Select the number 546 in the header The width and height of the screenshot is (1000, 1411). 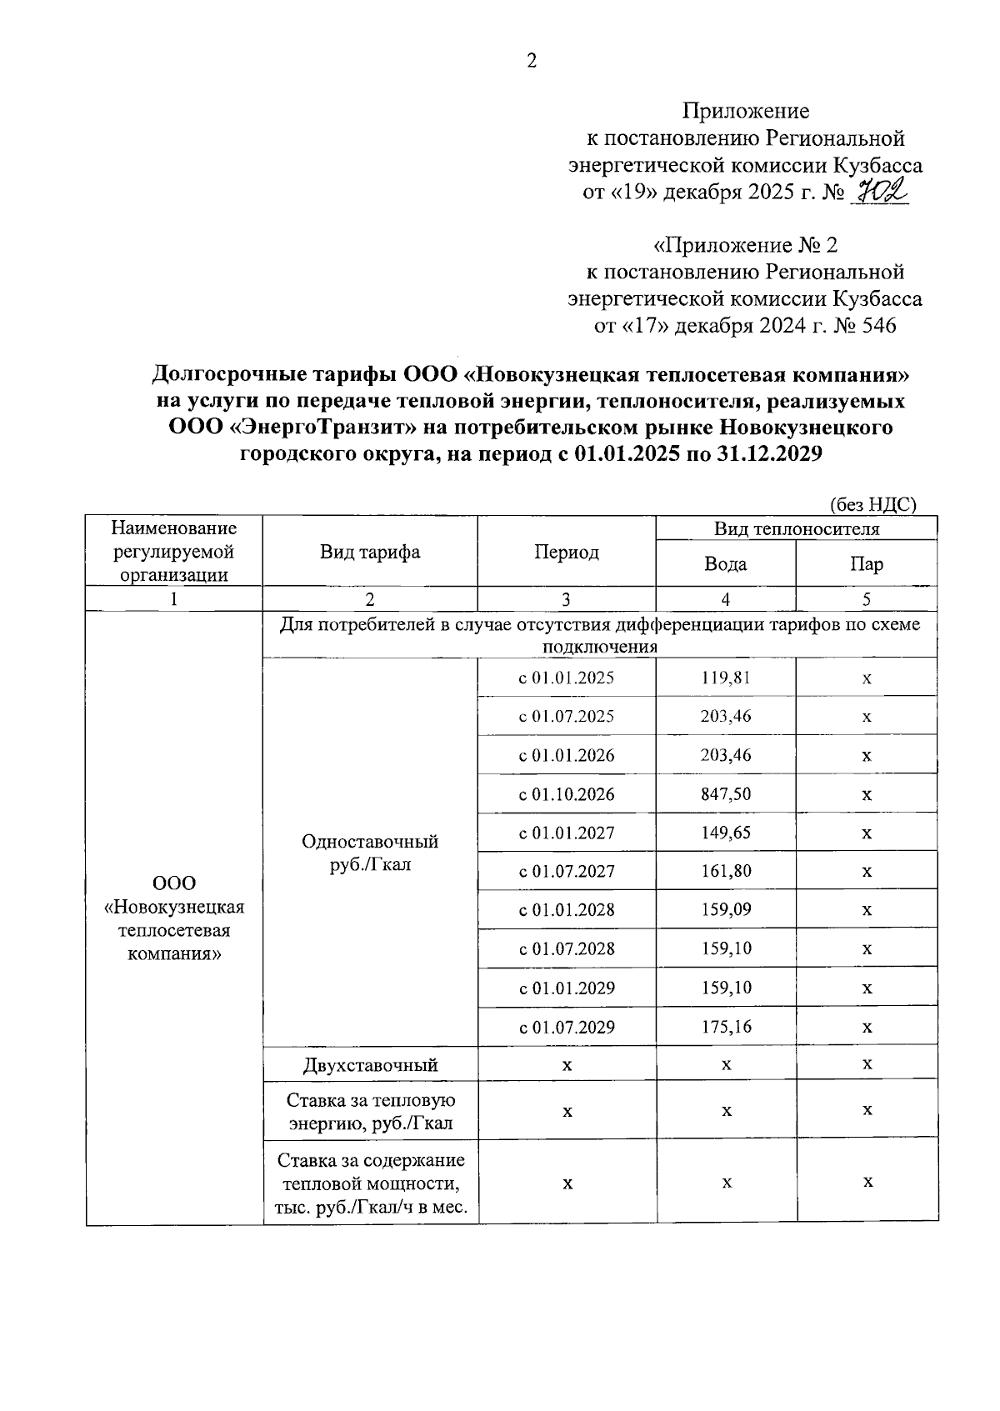875,325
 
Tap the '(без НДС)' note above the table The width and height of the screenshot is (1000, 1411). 873,503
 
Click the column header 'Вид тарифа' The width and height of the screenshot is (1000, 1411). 370,552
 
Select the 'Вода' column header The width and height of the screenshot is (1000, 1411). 725,564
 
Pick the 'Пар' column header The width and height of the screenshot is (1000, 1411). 867,564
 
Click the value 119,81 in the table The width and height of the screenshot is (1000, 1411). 726,678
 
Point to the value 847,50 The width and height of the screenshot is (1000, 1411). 726,794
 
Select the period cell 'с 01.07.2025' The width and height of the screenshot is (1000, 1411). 567,717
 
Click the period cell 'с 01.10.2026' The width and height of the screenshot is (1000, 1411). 567,794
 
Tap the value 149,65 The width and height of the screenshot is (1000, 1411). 726,833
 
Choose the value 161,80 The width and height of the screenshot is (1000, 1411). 726,871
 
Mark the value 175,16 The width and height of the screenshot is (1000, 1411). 726,1027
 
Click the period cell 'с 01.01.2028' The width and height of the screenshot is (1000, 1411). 567,910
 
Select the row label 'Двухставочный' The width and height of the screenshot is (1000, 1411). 370,1064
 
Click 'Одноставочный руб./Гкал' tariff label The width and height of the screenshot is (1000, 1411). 370,853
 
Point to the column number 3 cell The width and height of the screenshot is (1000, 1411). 567,599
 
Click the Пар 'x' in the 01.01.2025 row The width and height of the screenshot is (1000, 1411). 867,678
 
